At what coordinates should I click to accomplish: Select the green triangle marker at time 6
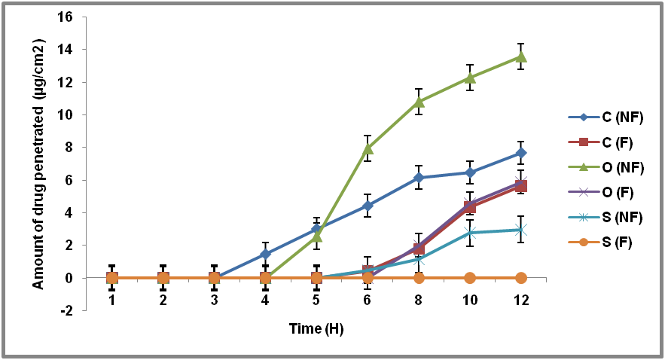[368, 148]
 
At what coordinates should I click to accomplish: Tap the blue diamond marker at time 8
[419, 178]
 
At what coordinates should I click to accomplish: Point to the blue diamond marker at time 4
[265, 254]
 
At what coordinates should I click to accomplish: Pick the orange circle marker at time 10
[470, 278]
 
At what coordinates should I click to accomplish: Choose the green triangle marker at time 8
[419, 102]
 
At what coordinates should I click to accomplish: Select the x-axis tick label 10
[470, 301]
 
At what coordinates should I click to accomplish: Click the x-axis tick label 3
[214, 301]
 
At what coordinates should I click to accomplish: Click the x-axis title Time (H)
[316, 329]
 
